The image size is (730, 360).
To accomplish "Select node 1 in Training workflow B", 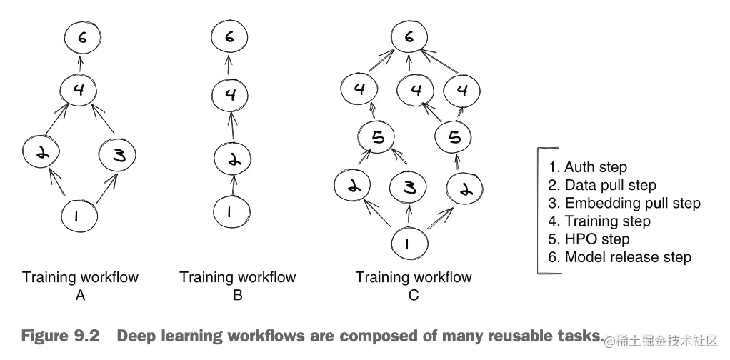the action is [x=231, y=212].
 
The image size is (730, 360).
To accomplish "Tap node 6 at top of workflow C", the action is [x=409, y=37].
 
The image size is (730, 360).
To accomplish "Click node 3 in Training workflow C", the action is [x=408, y=189].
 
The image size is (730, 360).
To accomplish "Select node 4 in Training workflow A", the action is [x=79, y=90].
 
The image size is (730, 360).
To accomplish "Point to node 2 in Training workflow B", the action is [x=232, y=159].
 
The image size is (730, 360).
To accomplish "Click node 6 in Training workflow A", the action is [x=82, y=38].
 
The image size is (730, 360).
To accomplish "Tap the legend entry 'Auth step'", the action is [x=588, y=167].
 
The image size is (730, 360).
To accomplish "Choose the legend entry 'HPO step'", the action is [x=589, y=239].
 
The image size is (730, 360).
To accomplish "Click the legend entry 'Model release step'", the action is [x=620, y=257].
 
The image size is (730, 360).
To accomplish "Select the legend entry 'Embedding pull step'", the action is [x=624, y=203].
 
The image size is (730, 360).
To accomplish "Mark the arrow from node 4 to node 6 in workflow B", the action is [x=229, y=65].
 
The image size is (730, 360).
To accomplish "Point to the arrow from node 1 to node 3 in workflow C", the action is [x=409, y=215].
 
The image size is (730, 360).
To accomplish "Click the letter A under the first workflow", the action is [x=80, y=295].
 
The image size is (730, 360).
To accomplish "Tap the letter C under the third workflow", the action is [x=413, y=295].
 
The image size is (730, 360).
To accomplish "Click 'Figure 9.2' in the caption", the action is [x=61, y=336].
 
